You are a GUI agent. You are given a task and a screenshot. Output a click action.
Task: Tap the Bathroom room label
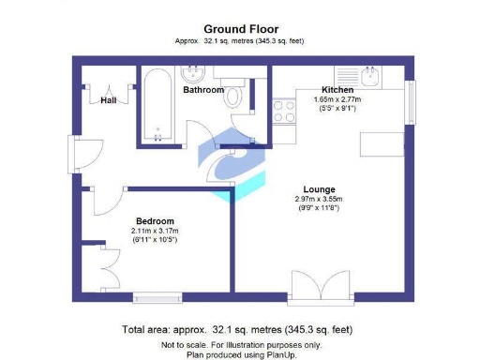tap(203, 91)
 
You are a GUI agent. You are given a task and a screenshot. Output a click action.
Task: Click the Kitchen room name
tap(337, 89)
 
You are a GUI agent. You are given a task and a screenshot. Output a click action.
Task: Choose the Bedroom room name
tap(156, 220)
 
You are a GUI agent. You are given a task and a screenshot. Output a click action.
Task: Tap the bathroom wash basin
tap(195, 73)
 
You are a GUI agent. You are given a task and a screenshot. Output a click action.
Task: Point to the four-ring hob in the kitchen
tap(281, 112)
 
